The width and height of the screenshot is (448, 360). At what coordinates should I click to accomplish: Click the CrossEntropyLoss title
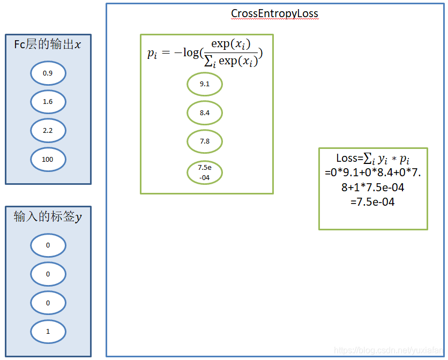(x=274, y=13)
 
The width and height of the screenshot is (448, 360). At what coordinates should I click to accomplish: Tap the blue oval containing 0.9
(x=48, y=73)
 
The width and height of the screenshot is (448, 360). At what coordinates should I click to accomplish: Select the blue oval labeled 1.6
(x=48, y=102)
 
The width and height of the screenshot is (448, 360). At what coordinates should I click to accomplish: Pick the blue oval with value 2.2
(x=48, y=131)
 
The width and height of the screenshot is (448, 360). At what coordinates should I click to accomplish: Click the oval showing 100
(x=48, y=159)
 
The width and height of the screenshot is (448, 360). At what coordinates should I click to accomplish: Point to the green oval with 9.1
(x=204, y=84)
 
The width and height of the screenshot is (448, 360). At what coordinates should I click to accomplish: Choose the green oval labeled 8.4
(x=204, y=113)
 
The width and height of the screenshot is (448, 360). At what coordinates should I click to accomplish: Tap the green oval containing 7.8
(x=204, y=141)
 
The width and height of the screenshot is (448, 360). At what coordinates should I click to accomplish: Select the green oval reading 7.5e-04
(x=204, y=173)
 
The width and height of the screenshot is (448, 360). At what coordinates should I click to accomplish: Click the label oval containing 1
(x=48, y=332)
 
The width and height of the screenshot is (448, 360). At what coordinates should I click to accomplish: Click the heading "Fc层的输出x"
(x=48, y=44)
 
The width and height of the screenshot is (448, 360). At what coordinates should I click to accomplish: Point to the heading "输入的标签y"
(x=48, y=217)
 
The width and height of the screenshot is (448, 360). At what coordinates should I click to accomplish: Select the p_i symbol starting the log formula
(x=152, y=53)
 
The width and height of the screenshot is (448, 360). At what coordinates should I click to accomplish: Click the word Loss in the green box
(x=346, y=158)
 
